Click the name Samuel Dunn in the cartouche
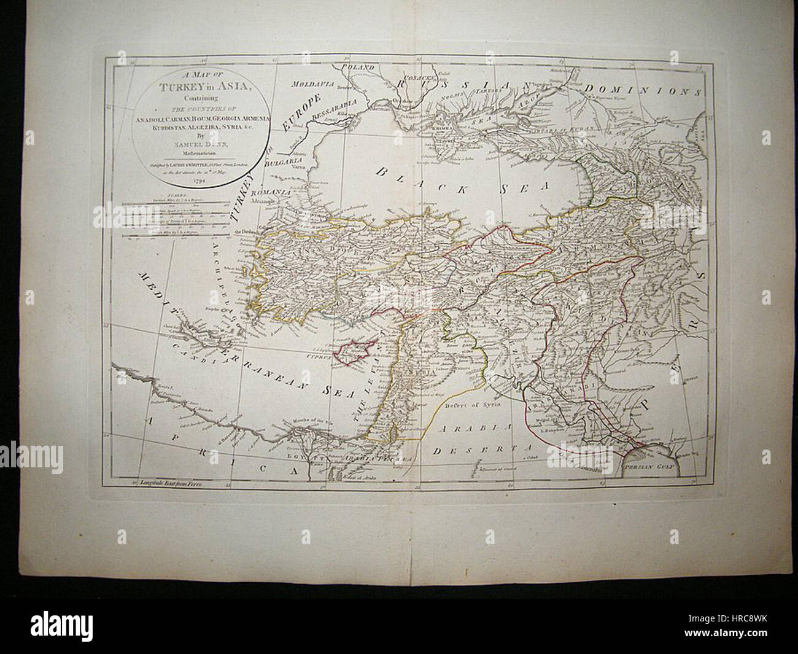tap(201, 142)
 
